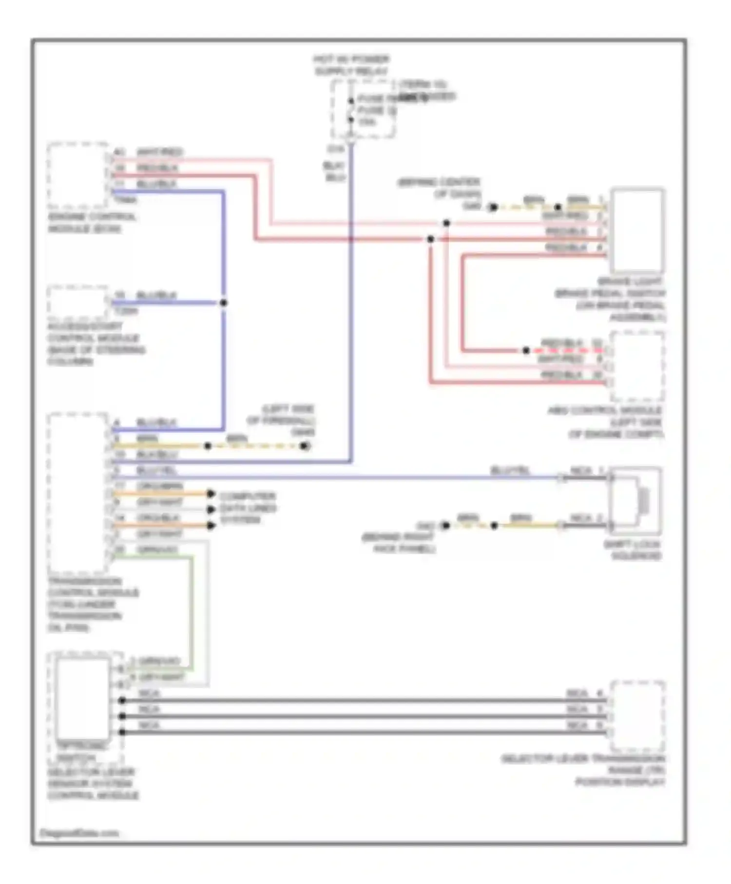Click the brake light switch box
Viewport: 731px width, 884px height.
pos(637,230)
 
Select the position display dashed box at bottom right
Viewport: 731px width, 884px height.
pos(637,716)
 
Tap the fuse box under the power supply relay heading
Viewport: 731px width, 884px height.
pos(363,110)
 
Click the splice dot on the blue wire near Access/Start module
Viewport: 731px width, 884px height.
pos(223,303)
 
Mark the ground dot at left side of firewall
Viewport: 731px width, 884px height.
pos(305,445)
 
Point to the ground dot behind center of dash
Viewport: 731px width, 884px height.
pos(493,207)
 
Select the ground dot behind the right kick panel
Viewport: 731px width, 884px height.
pos(445,525)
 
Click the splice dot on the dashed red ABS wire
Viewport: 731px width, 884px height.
pos(526,350)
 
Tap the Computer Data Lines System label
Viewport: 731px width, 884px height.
pos(248,508)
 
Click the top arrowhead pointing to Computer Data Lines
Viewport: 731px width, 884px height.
pos(211,494)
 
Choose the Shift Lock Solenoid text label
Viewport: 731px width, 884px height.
pos(633,550)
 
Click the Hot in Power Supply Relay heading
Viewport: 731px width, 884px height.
pos(351,65)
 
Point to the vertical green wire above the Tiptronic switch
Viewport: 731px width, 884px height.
pos(192,609)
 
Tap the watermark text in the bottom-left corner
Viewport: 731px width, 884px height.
pos(79,833)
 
